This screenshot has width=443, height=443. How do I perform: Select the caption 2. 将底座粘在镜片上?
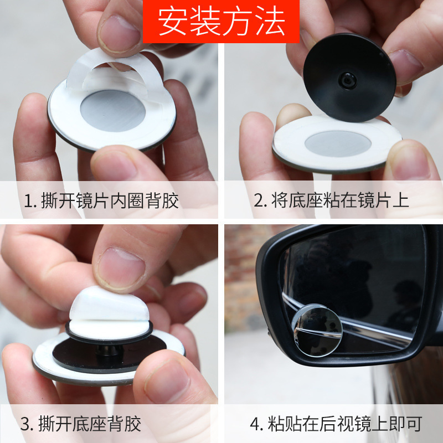point(331,200)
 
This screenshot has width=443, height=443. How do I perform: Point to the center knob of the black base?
point(347,80)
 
